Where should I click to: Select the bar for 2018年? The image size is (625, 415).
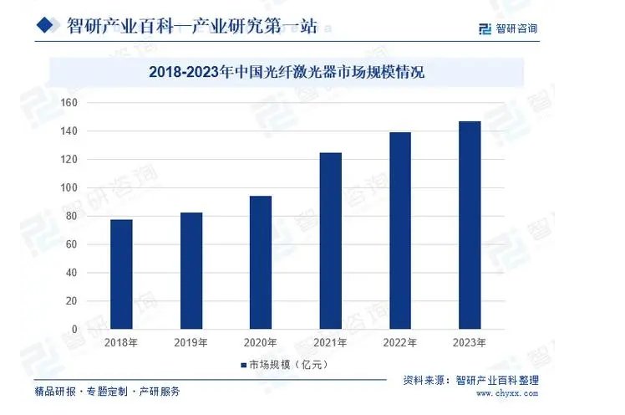point(121,274)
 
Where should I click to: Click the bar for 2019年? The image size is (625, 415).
point(191,271)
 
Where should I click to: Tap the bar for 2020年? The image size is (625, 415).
point(261,263)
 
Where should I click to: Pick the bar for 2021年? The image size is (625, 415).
point(331,241)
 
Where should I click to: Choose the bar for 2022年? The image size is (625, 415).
point(400,231)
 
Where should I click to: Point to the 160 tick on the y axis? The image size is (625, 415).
point(69,103)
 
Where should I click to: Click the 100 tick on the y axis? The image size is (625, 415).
point(69,188)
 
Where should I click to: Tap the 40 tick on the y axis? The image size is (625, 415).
point(72,273)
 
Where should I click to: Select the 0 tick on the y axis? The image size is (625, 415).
point(74,330)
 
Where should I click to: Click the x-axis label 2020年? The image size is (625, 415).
point(261,342)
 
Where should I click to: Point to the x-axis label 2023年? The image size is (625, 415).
point(470,342)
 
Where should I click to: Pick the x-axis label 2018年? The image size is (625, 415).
point(121,342)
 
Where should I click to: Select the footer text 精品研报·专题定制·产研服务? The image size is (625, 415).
point(107,391)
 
